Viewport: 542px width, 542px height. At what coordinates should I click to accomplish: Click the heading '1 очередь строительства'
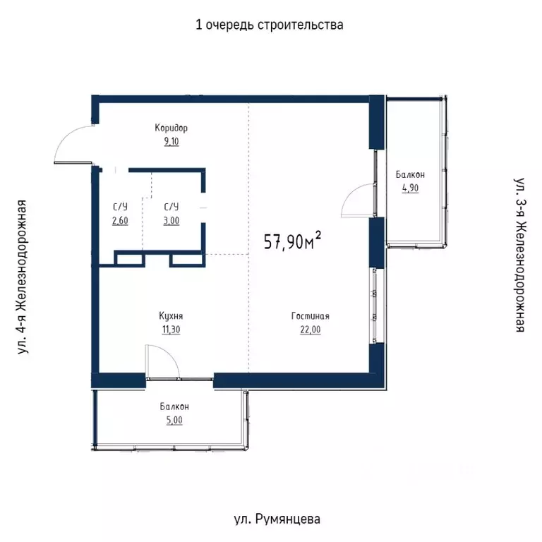(x=270, y=25)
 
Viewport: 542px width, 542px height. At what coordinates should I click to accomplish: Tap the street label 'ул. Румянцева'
(x=277, y=519)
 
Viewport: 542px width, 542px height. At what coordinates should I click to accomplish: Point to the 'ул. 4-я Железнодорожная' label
(x=23, y=276)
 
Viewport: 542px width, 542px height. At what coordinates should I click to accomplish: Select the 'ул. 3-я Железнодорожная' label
(x=520, y=255)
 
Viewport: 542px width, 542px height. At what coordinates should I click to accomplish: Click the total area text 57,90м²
(x=292, y=241)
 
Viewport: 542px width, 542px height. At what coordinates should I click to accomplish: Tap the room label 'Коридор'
(x=171, y=128)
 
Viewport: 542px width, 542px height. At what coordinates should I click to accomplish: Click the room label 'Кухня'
(x=171, y=317)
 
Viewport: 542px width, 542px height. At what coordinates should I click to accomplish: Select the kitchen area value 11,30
(x=171, y=329)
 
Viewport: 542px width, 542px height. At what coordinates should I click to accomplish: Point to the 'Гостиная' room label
(x=310, y=317)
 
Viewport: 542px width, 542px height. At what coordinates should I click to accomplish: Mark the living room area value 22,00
(x=310, y=329)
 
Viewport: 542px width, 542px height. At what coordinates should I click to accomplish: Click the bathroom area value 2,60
(x=120, y=219)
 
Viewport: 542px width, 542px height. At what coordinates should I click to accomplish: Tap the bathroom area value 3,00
(x=171, y=219)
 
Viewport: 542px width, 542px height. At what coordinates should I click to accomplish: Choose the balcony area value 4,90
(x=410, y=188)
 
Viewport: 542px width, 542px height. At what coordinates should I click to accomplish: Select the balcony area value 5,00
(x=174, y=420)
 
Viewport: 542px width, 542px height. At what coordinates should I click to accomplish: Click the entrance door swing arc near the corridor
(x=71, y=141)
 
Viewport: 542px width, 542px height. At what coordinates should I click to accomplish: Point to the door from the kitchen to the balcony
(x=161, y=361)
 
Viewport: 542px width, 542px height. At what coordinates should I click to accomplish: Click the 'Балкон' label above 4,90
(x=410, y=175)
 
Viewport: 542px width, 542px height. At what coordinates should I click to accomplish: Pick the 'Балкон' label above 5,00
(x=174, y=407)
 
